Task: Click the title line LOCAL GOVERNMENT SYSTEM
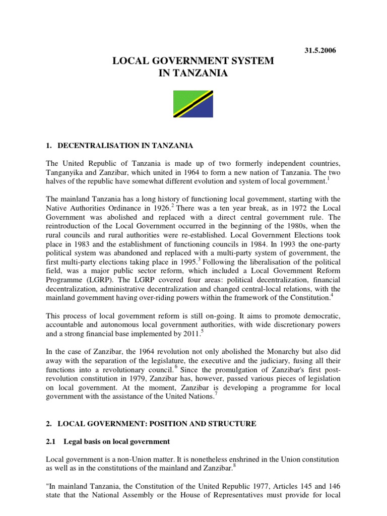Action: [x=193, y=61]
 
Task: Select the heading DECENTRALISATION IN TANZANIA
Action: [x=125, y=146]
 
